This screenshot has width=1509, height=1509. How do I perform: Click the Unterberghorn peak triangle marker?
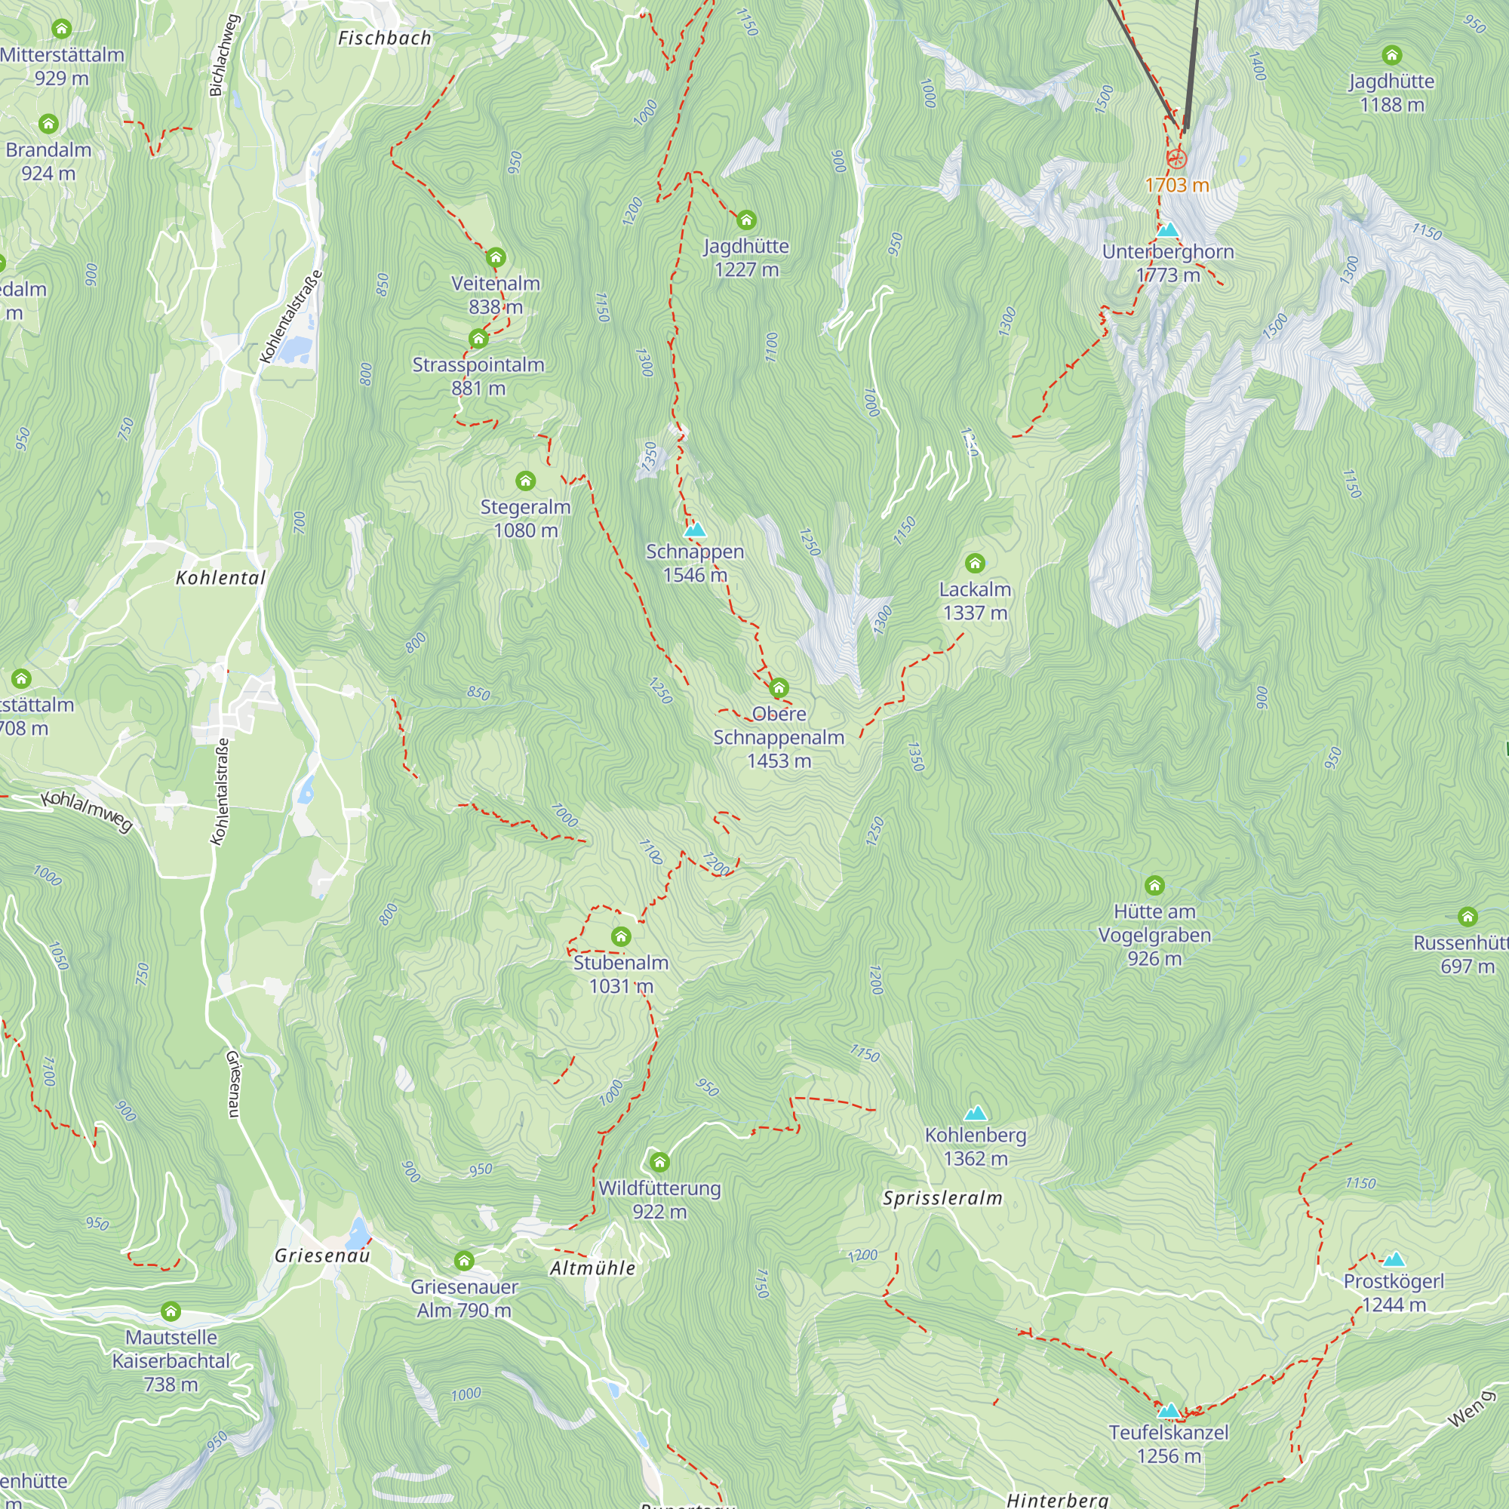click(1168, 229)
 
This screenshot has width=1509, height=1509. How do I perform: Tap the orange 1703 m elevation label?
click(1176, 185)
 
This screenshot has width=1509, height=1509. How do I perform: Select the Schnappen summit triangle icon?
click(694, 530)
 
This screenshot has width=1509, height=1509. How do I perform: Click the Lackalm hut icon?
click(974, 563)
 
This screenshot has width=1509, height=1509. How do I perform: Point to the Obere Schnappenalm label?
click(779, 736)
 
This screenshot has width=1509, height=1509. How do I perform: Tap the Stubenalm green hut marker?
click(621, 936)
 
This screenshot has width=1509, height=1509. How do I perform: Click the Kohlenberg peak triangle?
click(975, 1113)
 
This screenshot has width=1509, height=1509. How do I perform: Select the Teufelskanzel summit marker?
click(1169, 1411)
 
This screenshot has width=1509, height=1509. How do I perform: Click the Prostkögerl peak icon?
click(1394, 1259)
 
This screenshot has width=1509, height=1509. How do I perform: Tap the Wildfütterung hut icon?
click(659, 1162)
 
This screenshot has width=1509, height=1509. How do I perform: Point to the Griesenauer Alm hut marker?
click(464, 1261)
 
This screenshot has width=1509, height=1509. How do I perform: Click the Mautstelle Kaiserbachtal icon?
click(171, 1311)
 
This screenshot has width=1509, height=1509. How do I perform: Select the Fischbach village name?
click(384, 38)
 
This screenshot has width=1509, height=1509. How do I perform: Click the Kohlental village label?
click(220, 578)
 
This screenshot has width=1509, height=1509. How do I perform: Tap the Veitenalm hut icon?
click(495, 258)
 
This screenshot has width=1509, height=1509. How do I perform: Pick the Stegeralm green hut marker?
click(526, 481)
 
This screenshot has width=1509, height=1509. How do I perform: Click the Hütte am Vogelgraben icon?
click(1154, 885)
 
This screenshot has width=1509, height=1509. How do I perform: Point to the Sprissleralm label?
click(942, 1198)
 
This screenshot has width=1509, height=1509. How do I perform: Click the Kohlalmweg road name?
click(87, 811)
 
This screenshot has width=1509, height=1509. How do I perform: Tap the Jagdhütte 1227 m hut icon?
click(746, 220)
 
